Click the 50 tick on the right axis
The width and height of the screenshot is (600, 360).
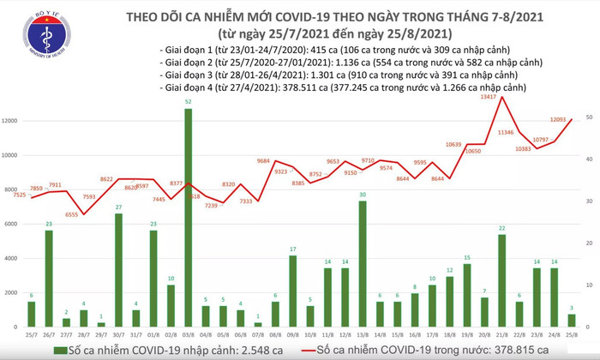[x=590, y=117]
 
